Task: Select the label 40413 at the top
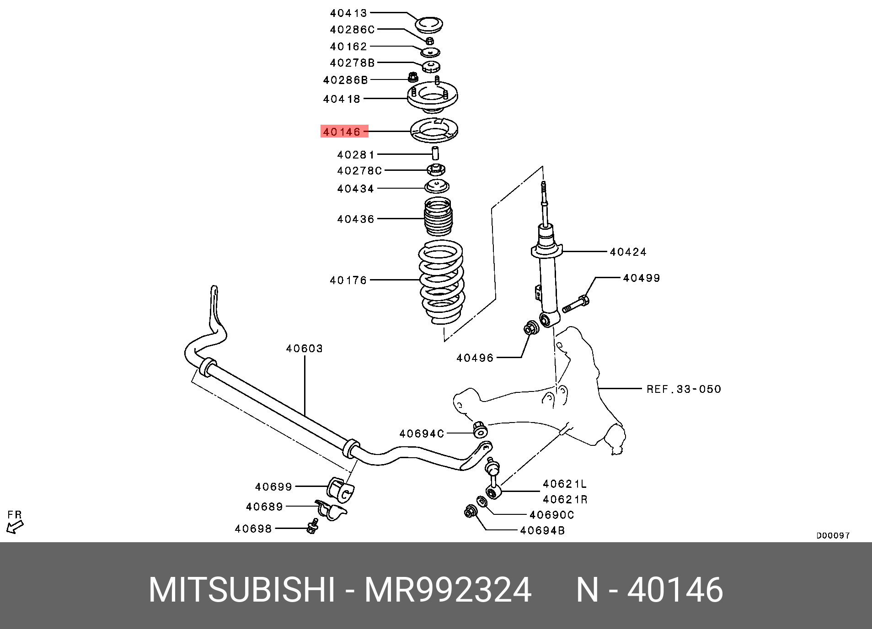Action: click(348, 13)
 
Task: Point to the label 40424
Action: click(628, 252)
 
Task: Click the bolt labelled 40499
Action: click(576, 304)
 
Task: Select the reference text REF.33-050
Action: click(684, 389)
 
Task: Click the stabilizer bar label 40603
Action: click(305, 349)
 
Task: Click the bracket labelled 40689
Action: click(331, 510)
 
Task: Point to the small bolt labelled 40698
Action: click(313, 526)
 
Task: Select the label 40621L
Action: click(564, 484)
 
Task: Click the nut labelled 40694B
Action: click(471, 511)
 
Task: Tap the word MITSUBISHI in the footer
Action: click(242, 590)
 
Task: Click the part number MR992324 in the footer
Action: click(448, 590)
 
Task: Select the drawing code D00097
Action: click(833, 535)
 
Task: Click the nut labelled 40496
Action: click(531, 328)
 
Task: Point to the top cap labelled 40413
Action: click(429, 25)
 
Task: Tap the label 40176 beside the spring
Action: click(348, 280)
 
